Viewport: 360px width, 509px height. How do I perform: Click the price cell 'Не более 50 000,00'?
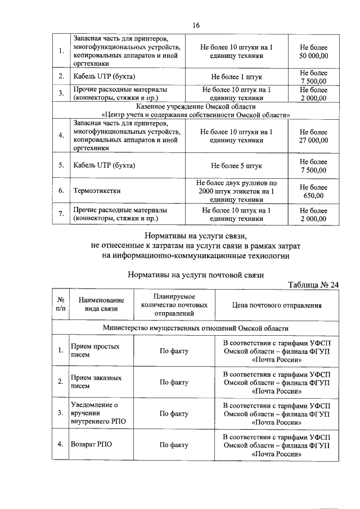click(x=314, y=52)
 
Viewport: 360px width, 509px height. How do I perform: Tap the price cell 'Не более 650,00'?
click(x=314, y=191)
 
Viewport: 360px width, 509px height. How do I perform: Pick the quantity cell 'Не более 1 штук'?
click(x=236, y=75)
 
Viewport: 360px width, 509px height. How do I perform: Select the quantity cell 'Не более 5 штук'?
click(x=236, y=166)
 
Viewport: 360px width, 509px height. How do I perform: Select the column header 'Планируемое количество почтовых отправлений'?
click(x=174, y=305)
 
